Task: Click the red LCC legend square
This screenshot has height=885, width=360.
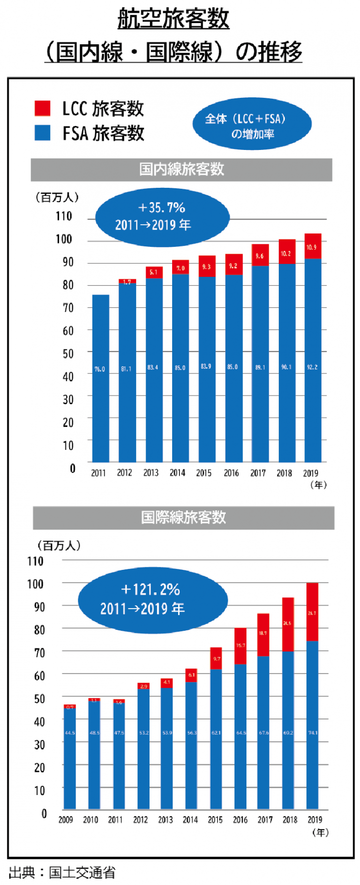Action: tap(42, 108)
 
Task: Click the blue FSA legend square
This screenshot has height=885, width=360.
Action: tap(42, 133)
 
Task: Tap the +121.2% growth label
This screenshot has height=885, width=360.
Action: tap(150, 589)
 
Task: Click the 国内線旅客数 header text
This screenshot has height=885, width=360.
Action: tap(181, 170)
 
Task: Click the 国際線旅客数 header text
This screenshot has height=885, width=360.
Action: tap(183, 517)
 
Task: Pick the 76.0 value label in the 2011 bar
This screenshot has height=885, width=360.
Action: tap(100, 369)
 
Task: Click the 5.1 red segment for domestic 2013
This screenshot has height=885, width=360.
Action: tap(153, 272)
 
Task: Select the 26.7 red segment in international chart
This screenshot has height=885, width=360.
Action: tap(312, 613)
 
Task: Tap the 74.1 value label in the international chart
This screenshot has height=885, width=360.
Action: tap(313, 733)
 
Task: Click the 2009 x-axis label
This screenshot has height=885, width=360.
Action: tap(66, 820)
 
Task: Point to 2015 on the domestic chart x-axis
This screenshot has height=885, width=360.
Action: tap(204, 473)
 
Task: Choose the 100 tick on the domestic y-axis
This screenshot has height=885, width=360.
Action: tap(64, 239)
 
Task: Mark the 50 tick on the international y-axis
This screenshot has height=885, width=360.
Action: tap(39, 699)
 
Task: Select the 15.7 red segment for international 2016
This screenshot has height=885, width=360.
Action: tap(240, 646)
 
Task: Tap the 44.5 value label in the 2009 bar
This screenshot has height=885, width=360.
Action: tap(70, 733)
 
